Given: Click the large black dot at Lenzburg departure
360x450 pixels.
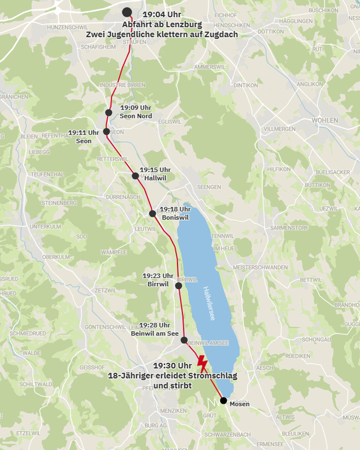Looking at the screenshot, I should tap(127, 12).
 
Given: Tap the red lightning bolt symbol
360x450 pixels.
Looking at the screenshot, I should tap(202, 363).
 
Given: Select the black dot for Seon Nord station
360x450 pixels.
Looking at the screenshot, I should tap(109, 113).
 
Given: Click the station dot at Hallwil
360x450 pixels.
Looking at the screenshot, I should tap(135, 176).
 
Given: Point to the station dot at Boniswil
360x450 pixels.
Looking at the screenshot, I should tap(153, 214).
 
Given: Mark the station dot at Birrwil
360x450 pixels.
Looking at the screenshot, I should tap(179, 286).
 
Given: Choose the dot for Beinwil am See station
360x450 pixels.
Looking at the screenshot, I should tap(184, 340).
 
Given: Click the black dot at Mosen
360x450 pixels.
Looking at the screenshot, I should tap(223, 400).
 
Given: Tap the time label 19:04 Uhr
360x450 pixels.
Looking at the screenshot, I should tap(161, 13).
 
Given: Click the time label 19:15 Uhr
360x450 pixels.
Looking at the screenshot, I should tap(155, 170).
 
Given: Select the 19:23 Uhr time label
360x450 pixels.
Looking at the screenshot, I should tap(158, 275).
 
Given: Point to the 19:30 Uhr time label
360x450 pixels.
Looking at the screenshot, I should tap(173, 366).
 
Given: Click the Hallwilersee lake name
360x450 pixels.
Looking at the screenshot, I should tap(208, 303).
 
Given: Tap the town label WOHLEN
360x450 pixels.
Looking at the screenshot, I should tap(324, 119).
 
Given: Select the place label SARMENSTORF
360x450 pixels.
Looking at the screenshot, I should tap(289, 227).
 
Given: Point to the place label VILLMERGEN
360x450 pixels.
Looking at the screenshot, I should tap(280, 129).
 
